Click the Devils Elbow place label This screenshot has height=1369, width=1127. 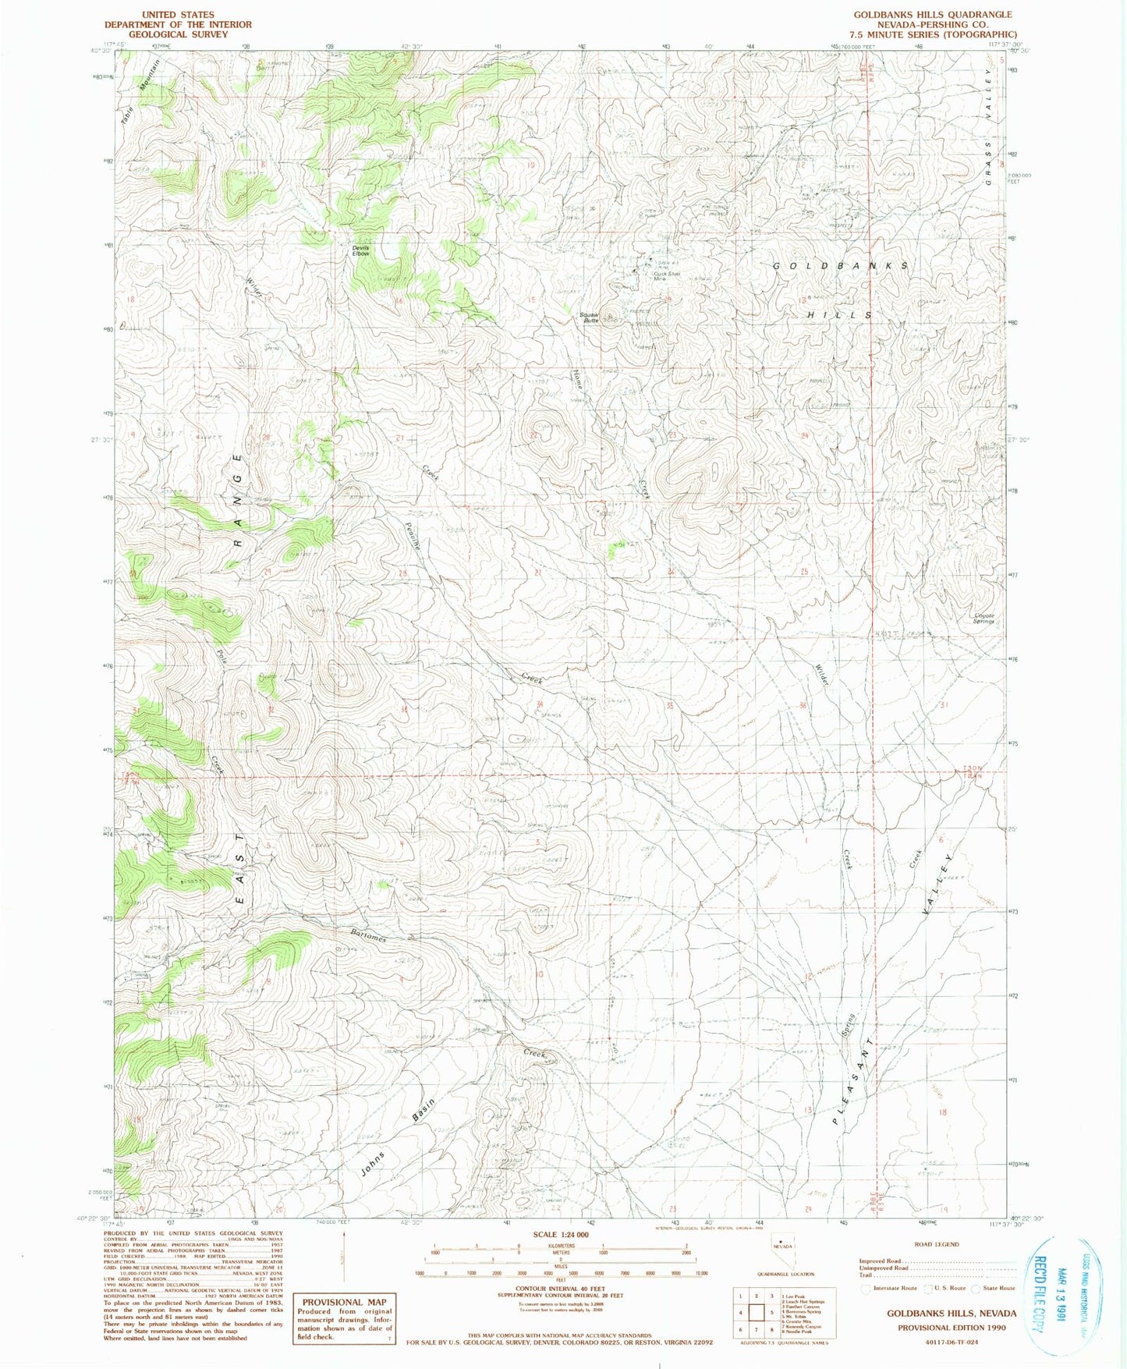(360, 251)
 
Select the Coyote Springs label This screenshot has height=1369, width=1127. (984, 619)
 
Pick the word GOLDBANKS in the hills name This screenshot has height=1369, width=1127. (840, 266)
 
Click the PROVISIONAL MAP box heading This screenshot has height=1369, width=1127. (344, 1301)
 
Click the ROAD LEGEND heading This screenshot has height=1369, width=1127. (936, 1244)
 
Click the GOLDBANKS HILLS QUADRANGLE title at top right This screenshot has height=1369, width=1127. (932, 14)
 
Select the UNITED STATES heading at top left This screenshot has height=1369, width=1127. (179, 14)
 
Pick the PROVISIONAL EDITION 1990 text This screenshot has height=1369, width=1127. (951, 1327)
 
